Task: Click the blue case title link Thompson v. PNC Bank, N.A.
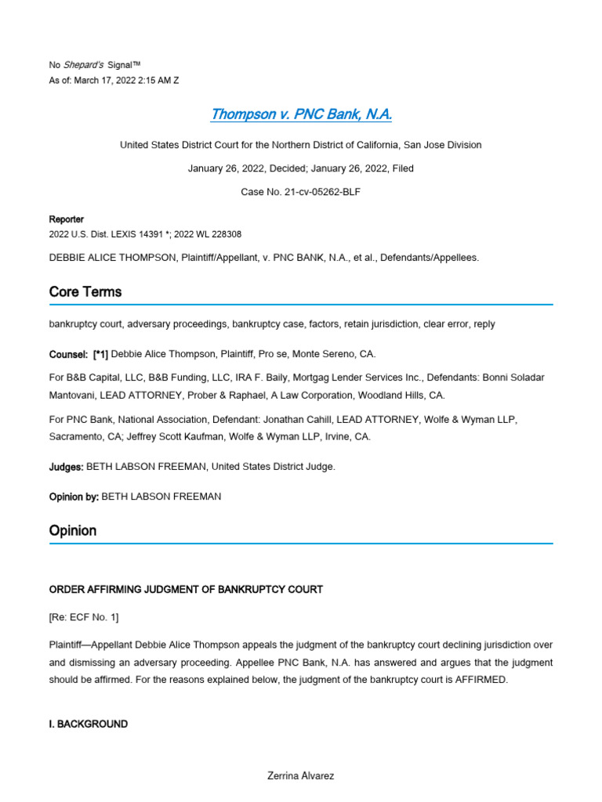[x=301, y=114]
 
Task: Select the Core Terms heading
[x=85, y=291]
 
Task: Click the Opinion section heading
[x=73, y=530]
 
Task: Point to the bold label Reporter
[x=66, y=219]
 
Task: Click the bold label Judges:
[x=66, y=467]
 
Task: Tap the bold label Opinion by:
[x=74, y=497]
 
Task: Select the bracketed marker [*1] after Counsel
[x=100, y=355]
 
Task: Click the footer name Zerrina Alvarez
[x=301, y=776]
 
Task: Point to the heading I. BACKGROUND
[x=88, y=724]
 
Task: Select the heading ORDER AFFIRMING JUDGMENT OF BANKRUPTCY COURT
[x=186, y=589]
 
